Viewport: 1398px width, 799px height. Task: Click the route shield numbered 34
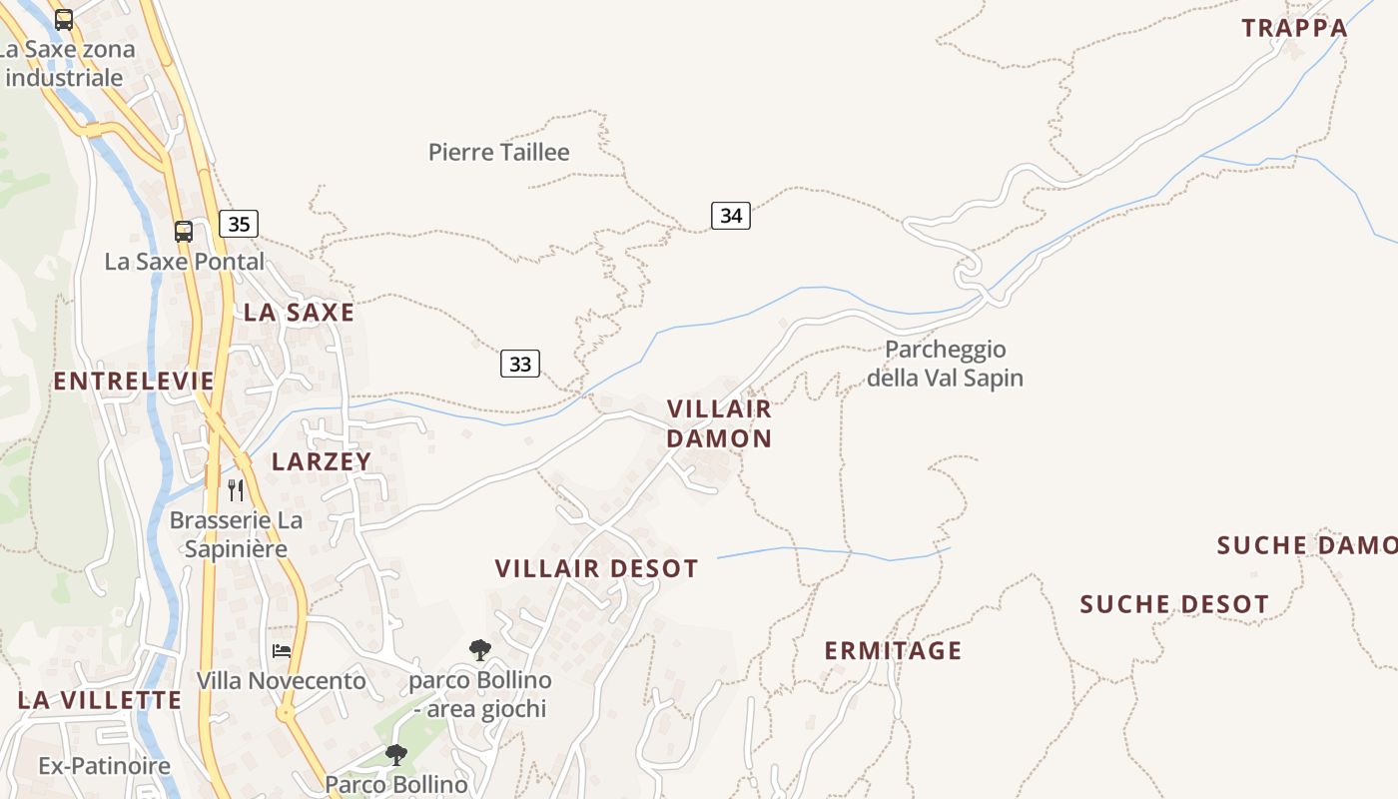coord(731,215)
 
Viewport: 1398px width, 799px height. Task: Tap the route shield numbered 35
coord(239,224)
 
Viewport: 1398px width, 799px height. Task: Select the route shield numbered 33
coord(520,364)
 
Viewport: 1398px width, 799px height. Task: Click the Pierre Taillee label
coord(499,152)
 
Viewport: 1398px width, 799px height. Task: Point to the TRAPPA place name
coord(1295,28)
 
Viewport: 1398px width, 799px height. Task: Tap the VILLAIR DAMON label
coord(719,423)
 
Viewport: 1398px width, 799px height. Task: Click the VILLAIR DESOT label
coord(597,568)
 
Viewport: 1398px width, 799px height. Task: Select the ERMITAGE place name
coord(893,651)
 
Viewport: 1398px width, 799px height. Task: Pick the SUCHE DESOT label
coord(1174,604)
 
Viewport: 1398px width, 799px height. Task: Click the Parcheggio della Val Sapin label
coord(945,364)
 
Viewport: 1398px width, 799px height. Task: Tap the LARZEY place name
coord(322,461)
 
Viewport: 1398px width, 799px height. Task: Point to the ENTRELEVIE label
coord(134,381)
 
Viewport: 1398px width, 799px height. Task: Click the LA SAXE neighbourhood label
coord(300,313)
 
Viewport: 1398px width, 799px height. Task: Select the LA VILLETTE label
coord(100,700)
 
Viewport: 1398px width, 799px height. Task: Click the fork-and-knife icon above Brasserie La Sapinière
coord(236,489)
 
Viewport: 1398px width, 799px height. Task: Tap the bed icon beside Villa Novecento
coord(282,651)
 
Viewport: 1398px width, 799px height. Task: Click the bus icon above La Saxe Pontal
coord(184,232)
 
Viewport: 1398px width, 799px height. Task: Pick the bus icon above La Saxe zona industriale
coord(64,19)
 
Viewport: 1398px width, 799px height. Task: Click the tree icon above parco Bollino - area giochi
coord(480,650)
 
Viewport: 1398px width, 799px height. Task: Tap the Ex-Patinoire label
coord(105,766)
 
